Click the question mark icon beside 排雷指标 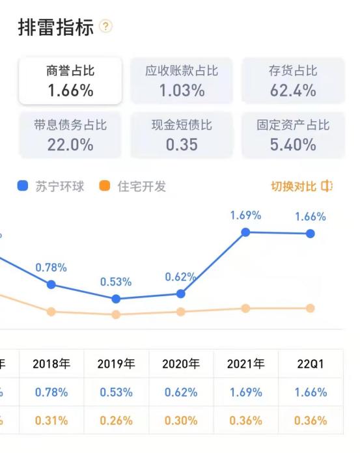tap(106, 27)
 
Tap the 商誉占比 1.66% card tap(70, 81)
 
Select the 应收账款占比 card tap(182, 81)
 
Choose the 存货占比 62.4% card tap(293, 81)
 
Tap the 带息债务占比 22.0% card tap(70, 135)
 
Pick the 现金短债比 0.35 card tap(182, 135)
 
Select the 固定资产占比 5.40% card tap(293, 135)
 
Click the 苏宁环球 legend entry tap(51, 186)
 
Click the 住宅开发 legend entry tap(133, 186)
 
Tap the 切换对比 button tap(301, 186)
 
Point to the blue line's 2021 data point tap(245, 232)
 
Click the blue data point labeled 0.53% tap(116, 299)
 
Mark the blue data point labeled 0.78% tap(51, 284)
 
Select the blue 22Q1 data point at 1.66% tap(311, 234)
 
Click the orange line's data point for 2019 tap(116, 314)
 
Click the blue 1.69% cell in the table tap(245, 392)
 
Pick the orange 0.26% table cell tap(116, 420)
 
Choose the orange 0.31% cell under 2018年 tap(51, 420)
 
